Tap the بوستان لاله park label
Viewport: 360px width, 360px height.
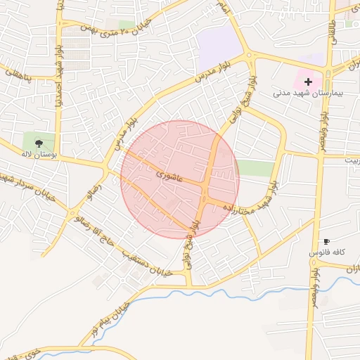pos(38,153)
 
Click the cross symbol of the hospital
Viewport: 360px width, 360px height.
pos(308,82)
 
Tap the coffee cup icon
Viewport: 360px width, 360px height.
pos(326,242)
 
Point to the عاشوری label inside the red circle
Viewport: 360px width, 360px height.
pos(169,174)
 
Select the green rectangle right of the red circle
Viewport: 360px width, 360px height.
pos(255,167)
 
